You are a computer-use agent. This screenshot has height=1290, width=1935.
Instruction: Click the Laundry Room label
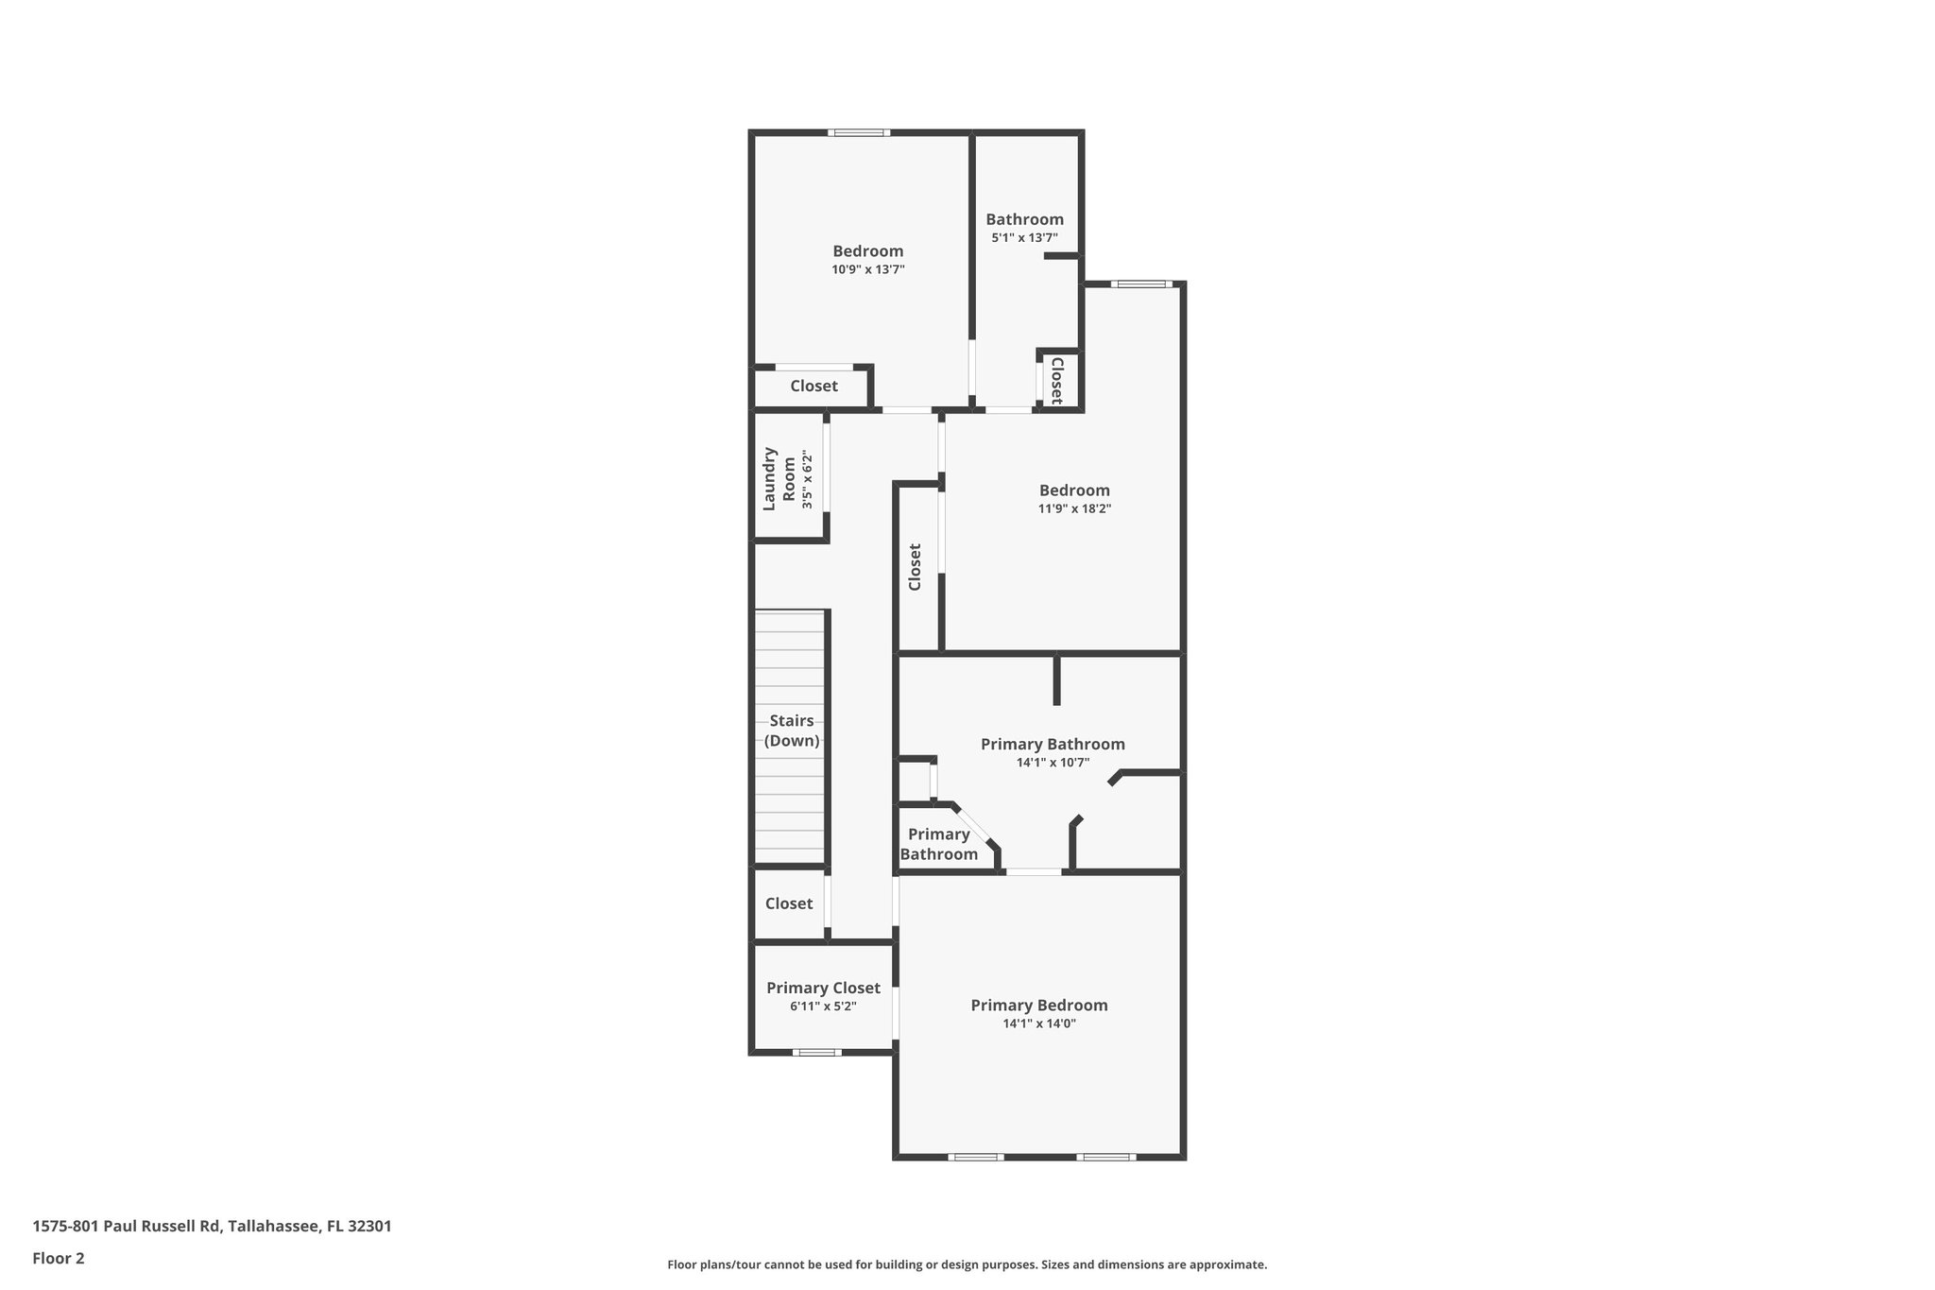777,478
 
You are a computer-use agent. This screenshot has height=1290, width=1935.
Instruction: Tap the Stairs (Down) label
792,731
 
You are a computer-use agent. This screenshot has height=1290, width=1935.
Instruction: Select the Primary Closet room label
823,988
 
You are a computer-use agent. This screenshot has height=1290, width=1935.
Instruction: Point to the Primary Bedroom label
1039,1005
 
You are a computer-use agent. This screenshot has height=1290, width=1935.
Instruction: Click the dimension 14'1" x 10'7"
1053,763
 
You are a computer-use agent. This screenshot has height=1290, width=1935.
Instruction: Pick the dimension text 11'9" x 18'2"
1074,508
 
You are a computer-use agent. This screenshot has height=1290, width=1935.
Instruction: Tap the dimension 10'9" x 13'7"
868,269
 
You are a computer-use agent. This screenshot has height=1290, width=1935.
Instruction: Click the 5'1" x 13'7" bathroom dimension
1024,238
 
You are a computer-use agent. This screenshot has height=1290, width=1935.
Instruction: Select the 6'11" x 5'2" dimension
823,1006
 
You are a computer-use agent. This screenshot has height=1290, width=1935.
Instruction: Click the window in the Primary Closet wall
816,1052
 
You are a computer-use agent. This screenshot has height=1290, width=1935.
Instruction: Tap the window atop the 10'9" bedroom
859,132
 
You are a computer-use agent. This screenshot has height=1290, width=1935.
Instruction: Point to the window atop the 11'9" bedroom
1140,284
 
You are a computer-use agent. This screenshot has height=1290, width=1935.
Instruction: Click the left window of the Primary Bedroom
976,1157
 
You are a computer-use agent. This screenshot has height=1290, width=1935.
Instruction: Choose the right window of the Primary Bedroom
1105,1157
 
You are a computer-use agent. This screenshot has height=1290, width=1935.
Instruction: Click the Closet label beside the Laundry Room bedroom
813,386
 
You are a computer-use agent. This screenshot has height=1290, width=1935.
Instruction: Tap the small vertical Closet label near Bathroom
1057,380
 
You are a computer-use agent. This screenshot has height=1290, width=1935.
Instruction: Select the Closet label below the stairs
789,903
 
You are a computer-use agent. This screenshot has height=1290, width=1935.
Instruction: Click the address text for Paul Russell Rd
212,1226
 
